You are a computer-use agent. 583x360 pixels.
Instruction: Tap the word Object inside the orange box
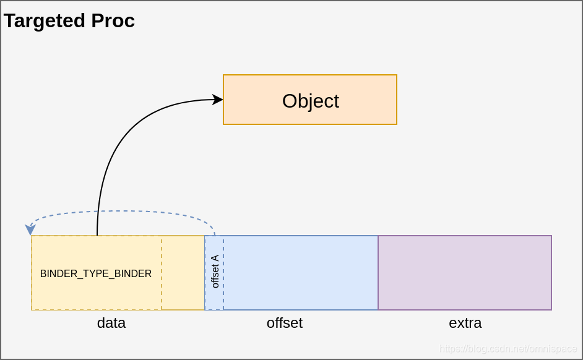coord(310,101)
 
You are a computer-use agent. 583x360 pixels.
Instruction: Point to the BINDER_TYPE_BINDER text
coord(96,273)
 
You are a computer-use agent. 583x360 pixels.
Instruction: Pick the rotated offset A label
coord(215,272)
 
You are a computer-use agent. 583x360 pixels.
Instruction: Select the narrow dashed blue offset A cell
coord(215,300)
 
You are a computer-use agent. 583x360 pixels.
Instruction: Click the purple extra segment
coord(464,272)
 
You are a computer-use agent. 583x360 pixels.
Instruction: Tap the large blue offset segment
coord(300,272)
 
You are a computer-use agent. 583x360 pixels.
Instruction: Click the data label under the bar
coord(111,323)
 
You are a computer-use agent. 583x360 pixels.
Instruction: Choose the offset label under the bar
coord(285,323)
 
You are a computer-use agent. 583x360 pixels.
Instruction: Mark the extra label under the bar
coord(465,323)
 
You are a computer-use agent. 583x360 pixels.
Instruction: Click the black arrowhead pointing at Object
coord(218,100)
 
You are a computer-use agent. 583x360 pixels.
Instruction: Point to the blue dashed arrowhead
coord(30,229)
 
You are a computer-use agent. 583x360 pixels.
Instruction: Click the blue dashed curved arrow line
coord(124,212)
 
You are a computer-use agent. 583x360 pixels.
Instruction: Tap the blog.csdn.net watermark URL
coord(507,349)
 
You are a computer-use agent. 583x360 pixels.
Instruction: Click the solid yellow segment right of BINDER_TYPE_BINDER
coord(183,272)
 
